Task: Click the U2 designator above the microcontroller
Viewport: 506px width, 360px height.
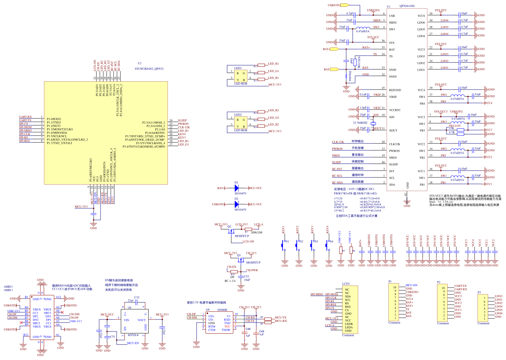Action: coord(140,63)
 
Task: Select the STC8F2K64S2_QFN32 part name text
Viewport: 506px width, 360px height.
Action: coord(149,69)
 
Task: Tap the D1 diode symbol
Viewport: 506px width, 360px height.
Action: coord(236,188)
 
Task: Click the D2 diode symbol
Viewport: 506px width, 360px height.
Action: coord(236,204)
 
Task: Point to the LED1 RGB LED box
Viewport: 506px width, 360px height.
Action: coord(241,76)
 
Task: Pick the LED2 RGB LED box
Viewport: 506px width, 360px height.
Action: coord(241,123)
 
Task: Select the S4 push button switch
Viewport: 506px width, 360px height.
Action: coord(328,244)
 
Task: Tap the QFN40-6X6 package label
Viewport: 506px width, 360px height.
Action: coord(407,6)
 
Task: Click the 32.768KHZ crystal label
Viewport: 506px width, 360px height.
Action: coord(360,123)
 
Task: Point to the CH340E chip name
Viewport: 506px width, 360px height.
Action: coord(222,310)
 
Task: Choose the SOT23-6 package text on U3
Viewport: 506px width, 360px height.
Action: coord(133,335)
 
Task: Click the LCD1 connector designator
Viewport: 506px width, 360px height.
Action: coord(346,284)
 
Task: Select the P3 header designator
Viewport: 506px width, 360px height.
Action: coord(479,292)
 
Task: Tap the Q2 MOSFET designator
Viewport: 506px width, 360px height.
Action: coord(229,227)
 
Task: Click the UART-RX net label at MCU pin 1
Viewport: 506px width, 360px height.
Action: coord(25,117)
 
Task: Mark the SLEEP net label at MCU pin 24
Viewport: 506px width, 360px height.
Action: coord(182,120)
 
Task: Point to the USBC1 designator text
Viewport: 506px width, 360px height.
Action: coord(8,287)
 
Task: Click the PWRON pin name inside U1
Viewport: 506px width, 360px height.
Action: coord(394,151)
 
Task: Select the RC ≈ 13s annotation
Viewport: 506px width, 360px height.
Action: coord(230,281)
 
